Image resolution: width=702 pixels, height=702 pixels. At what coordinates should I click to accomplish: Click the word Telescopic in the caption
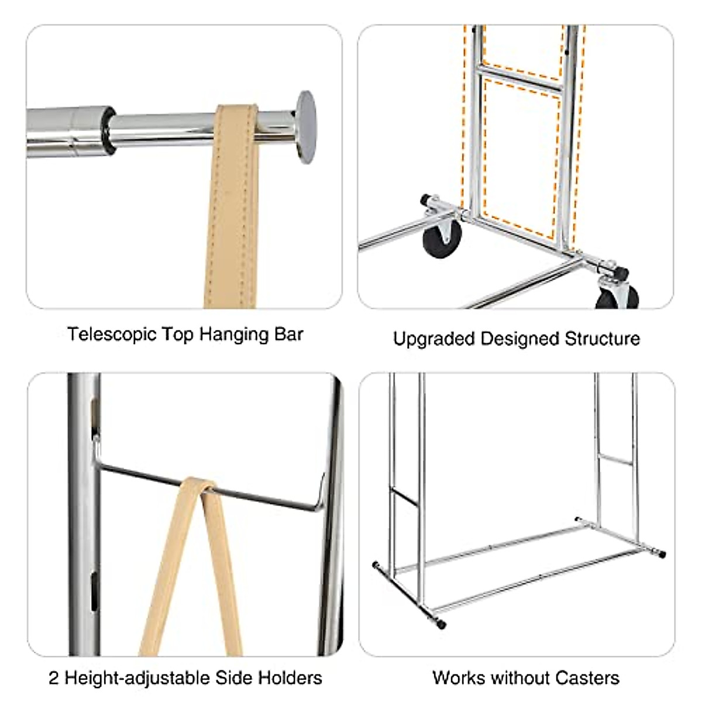(x=112, y=335)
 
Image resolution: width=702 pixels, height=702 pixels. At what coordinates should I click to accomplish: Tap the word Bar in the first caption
(x=289, y=334)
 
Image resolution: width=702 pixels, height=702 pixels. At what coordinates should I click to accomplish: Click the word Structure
(x=602, y=339)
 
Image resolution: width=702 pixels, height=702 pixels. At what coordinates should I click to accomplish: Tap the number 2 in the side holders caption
(x=54, y=668)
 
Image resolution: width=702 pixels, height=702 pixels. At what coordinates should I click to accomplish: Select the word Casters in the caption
(x=587, y=667)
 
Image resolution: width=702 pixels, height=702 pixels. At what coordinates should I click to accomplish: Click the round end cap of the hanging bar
(x=305, y=127)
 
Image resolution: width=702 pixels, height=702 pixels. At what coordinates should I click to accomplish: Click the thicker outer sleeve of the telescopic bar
(x=69, y=131)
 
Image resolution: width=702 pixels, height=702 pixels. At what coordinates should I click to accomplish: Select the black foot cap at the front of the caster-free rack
(x=442, y=625)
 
